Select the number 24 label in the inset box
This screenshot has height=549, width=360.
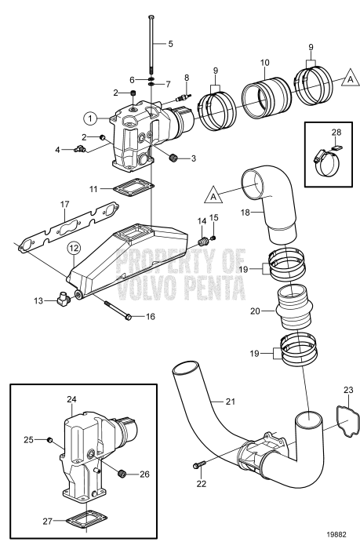71,399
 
